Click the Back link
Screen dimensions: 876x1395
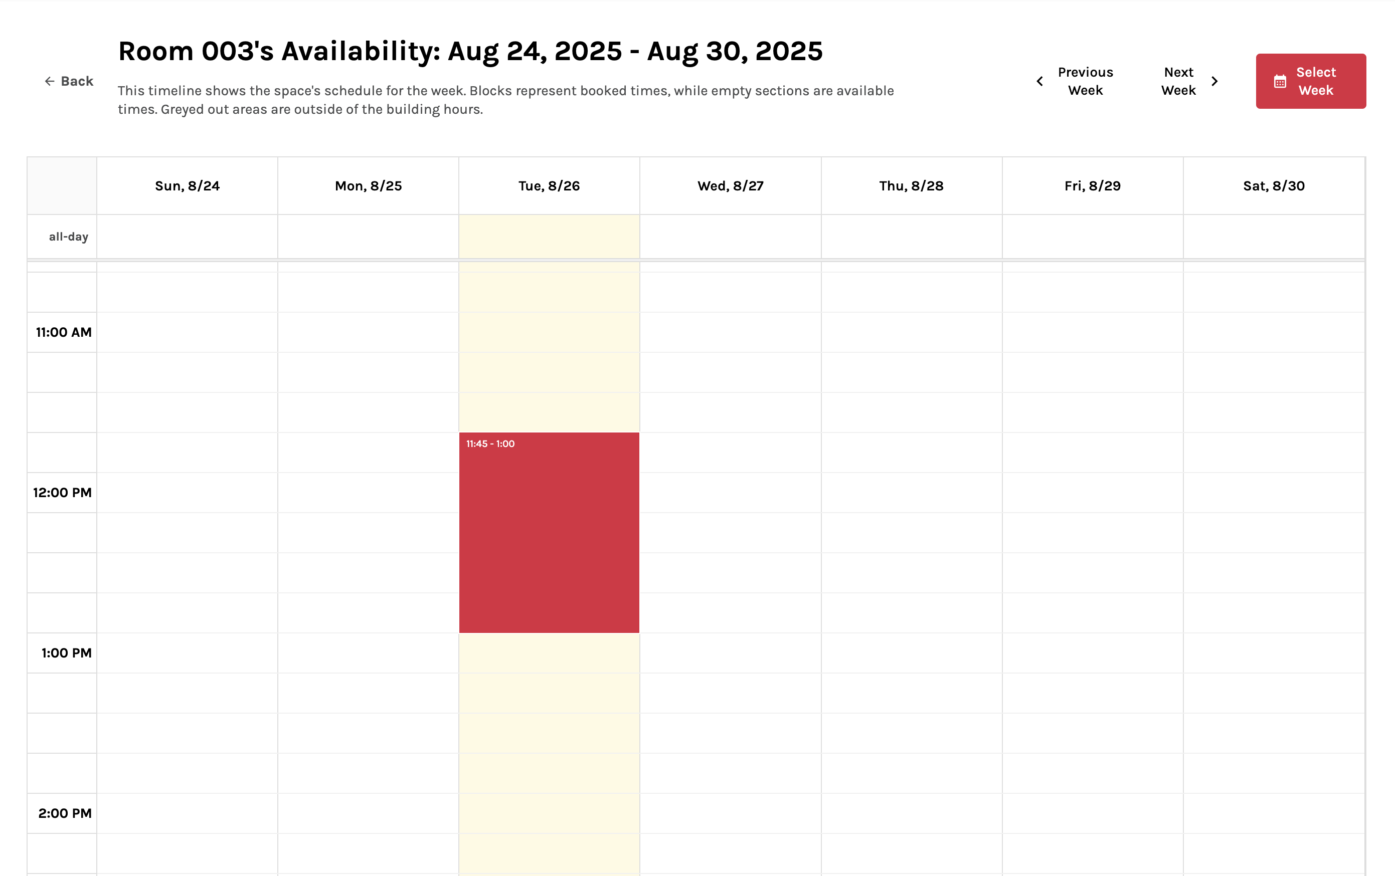tap(70, 81)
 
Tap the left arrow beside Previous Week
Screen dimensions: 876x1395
tap(1040, 82)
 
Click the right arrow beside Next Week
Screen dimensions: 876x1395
tap(1215, 82)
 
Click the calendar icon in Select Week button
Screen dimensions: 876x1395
tap(1280, 82)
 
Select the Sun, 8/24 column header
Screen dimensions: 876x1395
tap(187, 186)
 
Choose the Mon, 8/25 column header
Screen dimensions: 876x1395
tap(368, 186)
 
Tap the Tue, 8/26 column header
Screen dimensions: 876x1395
tap(549, 186)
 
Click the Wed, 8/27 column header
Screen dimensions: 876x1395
tap(730, 186)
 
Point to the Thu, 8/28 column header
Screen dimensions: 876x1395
tap(911, 186)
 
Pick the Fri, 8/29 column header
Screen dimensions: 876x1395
tap(1092, 186)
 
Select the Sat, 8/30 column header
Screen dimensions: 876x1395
tap(1273, 186)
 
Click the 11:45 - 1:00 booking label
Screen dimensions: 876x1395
tap(490, 444)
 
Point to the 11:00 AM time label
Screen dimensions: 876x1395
tap(64, 332)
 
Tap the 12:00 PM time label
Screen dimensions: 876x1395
tap(63, 493)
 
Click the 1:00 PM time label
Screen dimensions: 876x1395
tap(66, 653)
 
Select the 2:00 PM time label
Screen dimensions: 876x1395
tap(65, 813)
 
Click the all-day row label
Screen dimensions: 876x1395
tap(68, 237)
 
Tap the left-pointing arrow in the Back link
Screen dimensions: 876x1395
tap(50, 81)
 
